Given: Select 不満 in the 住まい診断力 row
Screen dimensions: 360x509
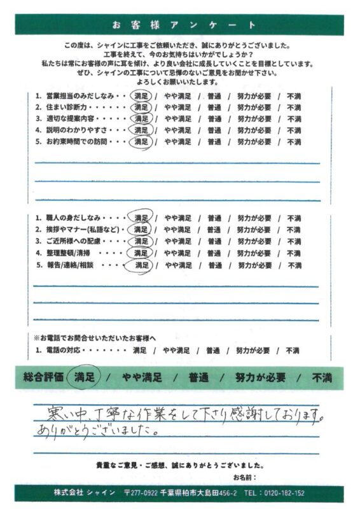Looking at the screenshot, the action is coord(294,107).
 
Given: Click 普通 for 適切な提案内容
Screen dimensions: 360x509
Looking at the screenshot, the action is coord(215,118).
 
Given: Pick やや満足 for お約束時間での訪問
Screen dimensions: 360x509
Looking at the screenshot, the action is coord(178,141).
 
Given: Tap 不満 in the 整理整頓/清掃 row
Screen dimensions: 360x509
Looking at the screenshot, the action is coord(294,253).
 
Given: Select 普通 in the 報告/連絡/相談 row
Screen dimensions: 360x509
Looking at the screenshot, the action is coord(215,265).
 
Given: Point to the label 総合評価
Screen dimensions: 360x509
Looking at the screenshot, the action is coord(44,377).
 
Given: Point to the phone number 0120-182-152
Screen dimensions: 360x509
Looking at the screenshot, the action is coord(282,493).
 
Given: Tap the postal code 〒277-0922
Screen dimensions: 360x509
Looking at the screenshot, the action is coord(144,493).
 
